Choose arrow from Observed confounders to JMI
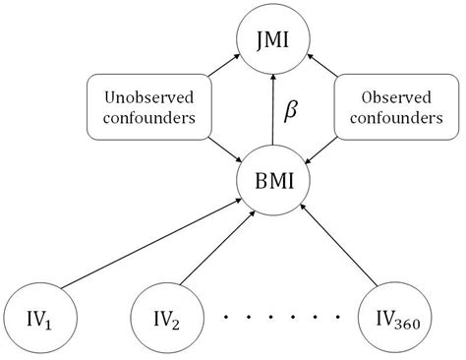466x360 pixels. (x=320, y=69)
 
